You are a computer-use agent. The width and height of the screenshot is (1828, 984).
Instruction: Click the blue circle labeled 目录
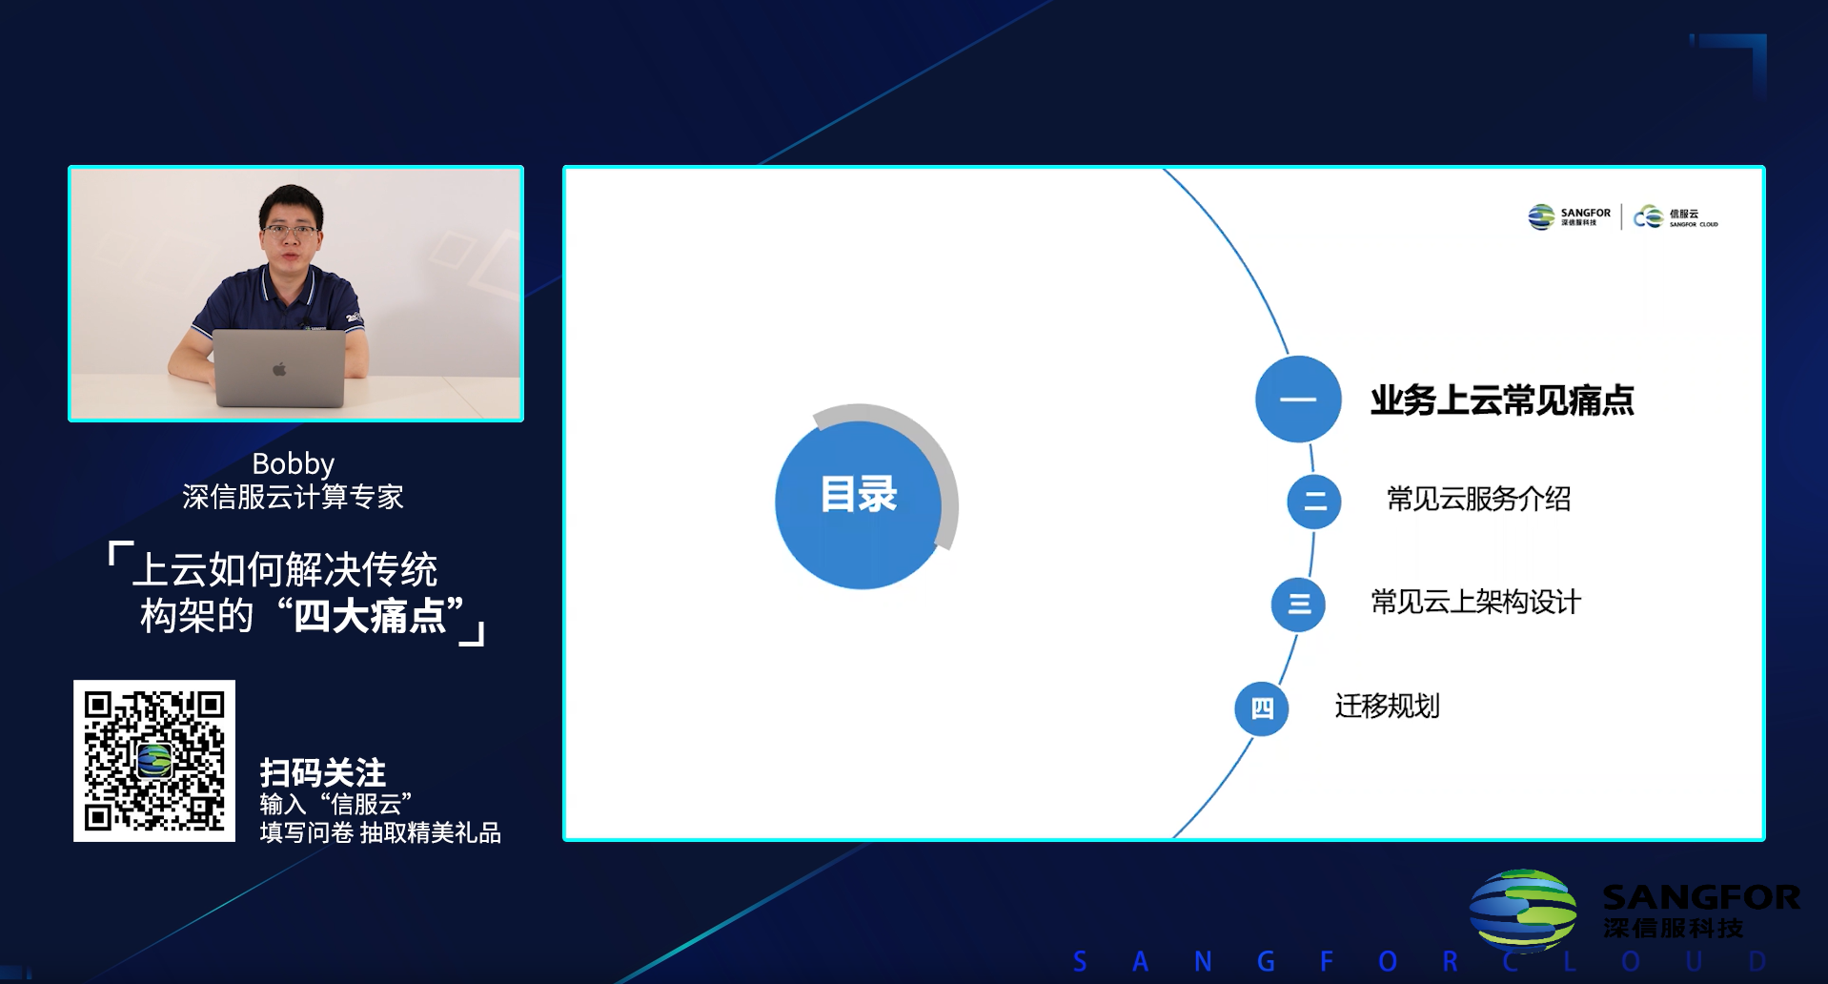pyautogui.click(x=858, y=503)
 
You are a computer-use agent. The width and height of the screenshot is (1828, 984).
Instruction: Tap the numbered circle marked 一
pyautogui.click(x=1298, y=399)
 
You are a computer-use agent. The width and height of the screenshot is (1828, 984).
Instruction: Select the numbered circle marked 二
pyautogui.click(x=1314, y=502)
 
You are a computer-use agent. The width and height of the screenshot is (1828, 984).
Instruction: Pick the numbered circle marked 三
pyautogui.click(x=1298, y=605)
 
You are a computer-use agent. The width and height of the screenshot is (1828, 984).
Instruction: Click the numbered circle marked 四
pyautogui.click(x=1262, y=708)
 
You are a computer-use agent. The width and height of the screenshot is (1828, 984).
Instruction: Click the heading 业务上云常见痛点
pyautogui.click(x=1502, y=400)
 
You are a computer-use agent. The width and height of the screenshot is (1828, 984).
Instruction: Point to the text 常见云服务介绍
pyautogui.click(x=1478, y=499)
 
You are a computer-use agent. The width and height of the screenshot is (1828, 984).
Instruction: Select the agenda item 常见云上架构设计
pyautogui.click(x=1475, y=602)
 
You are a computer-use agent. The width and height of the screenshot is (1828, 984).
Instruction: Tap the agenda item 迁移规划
pyautogui.click(x=1387, y=707)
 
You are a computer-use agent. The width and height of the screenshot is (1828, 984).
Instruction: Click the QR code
pyautogui.click(x=154, y=761)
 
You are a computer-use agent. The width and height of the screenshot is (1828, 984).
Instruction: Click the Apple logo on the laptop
pyautogui.click(x=279, y=369)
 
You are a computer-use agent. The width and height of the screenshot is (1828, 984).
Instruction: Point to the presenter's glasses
pyautogui.click(x=289, y=230)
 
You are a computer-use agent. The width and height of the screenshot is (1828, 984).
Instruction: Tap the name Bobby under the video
pyautogui.click(x=294, y=463)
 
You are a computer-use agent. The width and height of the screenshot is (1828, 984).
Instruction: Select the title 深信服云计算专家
pyautogui.click(x=294, y=497)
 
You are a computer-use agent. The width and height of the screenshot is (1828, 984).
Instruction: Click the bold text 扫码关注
pyautogui.click(x=323, y=772)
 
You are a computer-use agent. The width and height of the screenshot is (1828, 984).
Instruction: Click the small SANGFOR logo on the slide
pyautogui.click(x=1569, y=216)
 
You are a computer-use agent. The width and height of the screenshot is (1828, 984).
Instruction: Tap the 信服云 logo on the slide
pyautogui.click(x=1676, y=217)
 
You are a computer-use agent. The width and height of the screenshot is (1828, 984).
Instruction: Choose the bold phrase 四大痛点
pyautogui.click(x=370, y=616)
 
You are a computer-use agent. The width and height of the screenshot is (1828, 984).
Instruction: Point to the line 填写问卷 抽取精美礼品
pyautogui.click(x=380, y=832)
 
